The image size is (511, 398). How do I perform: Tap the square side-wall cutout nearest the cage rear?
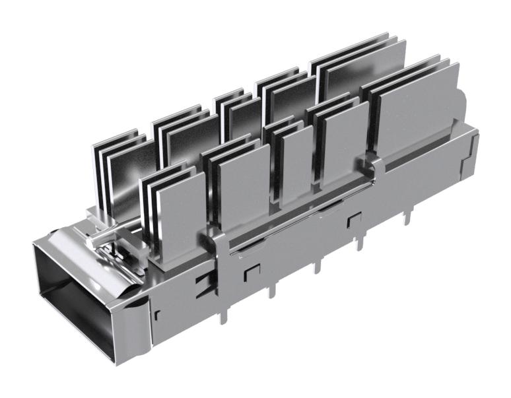pyautogui.click(x=355, y=220)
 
